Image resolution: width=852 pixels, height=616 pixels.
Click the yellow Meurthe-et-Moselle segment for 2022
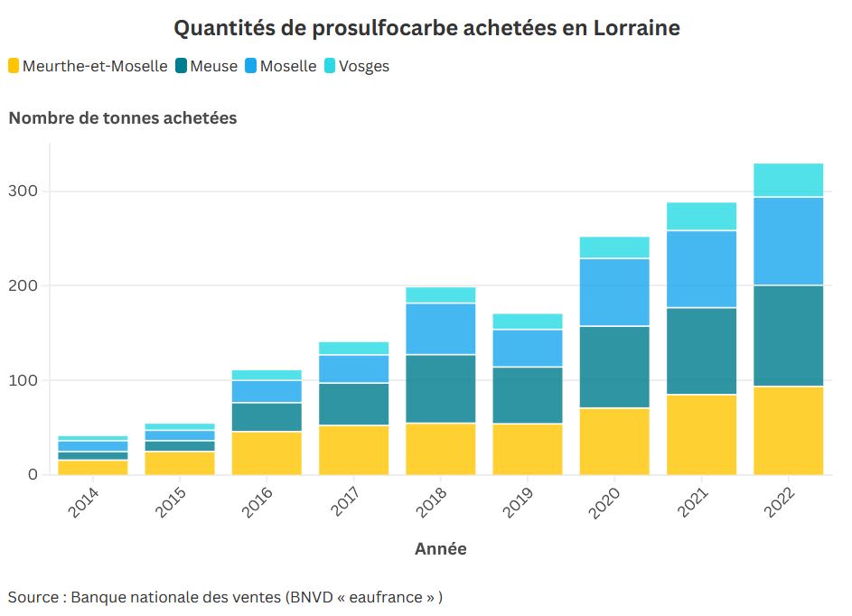788,430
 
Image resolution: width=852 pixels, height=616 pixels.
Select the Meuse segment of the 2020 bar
614,367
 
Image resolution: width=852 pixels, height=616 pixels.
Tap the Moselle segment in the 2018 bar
440,329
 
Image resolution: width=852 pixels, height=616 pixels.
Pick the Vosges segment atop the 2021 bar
701,216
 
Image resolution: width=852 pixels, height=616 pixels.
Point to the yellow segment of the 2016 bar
267,453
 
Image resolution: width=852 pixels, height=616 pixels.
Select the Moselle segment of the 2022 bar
788,240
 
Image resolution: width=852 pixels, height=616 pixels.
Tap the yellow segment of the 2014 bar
92,467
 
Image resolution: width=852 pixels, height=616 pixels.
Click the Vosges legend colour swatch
330,66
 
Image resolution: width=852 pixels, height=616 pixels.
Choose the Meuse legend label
214,66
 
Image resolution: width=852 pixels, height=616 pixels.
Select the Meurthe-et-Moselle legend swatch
14,66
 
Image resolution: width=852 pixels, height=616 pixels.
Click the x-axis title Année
440,548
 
